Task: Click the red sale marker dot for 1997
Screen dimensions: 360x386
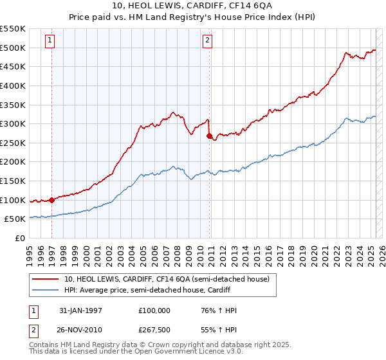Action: point(52,200)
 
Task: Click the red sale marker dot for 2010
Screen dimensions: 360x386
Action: point(209,136)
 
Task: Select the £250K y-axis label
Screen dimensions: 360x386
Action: point(14,143)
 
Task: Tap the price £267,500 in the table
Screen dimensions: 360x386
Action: point(154,328)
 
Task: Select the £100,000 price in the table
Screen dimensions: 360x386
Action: point(154,310)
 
